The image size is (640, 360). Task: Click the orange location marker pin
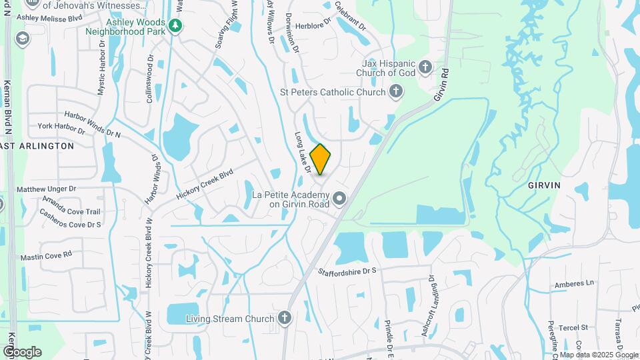(x=321, y=159)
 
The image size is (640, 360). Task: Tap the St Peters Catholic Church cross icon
(x=397, y=91)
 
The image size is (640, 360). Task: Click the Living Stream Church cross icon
(x=285, y=318)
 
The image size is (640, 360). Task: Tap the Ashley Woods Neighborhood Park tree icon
(x=175, y=26)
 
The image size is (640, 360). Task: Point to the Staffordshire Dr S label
(x=347, y=271)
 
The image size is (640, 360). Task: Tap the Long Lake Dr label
(x=303, y=153)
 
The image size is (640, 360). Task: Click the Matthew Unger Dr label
(x=47, y=189)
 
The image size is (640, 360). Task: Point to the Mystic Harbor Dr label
(x=101, y=66)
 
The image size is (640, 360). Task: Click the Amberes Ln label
(x=573, y=284)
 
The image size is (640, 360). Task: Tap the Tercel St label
(x=574, y=327)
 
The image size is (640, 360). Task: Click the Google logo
(x=22, y=351)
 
